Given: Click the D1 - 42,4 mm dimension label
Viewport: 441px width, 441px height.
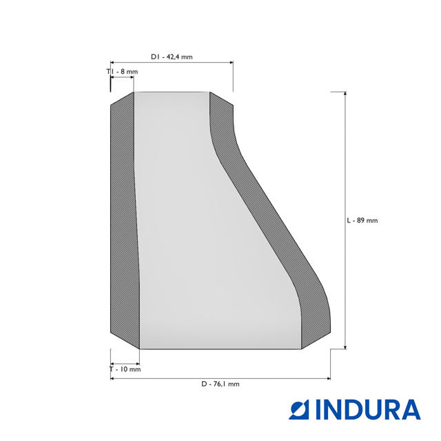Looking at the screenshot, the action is tap(172, 57).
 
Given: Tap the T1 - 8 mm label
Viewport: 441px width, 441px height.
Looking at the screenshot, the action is tap(122, 72).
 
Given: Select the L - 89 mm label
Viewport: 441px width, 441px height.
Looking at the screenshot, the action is tap(362, 220).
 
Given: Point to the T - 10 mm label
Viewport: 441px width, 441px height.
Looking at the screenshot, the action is tap(125, 369).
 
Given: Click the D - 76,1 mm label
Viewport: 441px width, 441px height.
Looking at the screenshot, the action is tap(220, 384).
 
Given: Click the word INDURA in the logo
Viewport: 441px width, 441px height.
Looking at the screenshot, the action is tap(369, 409).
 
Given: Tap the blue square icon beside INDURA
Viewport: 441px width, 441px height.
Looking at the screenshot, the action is tap(299, 409).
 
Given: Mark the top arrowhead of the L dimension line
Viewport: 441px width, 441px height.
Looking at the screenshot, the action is tap(345, 94).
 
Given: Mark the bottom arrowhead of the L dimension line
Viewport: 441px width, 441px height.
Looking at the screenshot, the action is tap(345, 347).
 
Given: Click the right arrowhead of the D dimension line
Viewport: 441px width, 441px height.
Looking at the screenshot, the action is tap(328, 378).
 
